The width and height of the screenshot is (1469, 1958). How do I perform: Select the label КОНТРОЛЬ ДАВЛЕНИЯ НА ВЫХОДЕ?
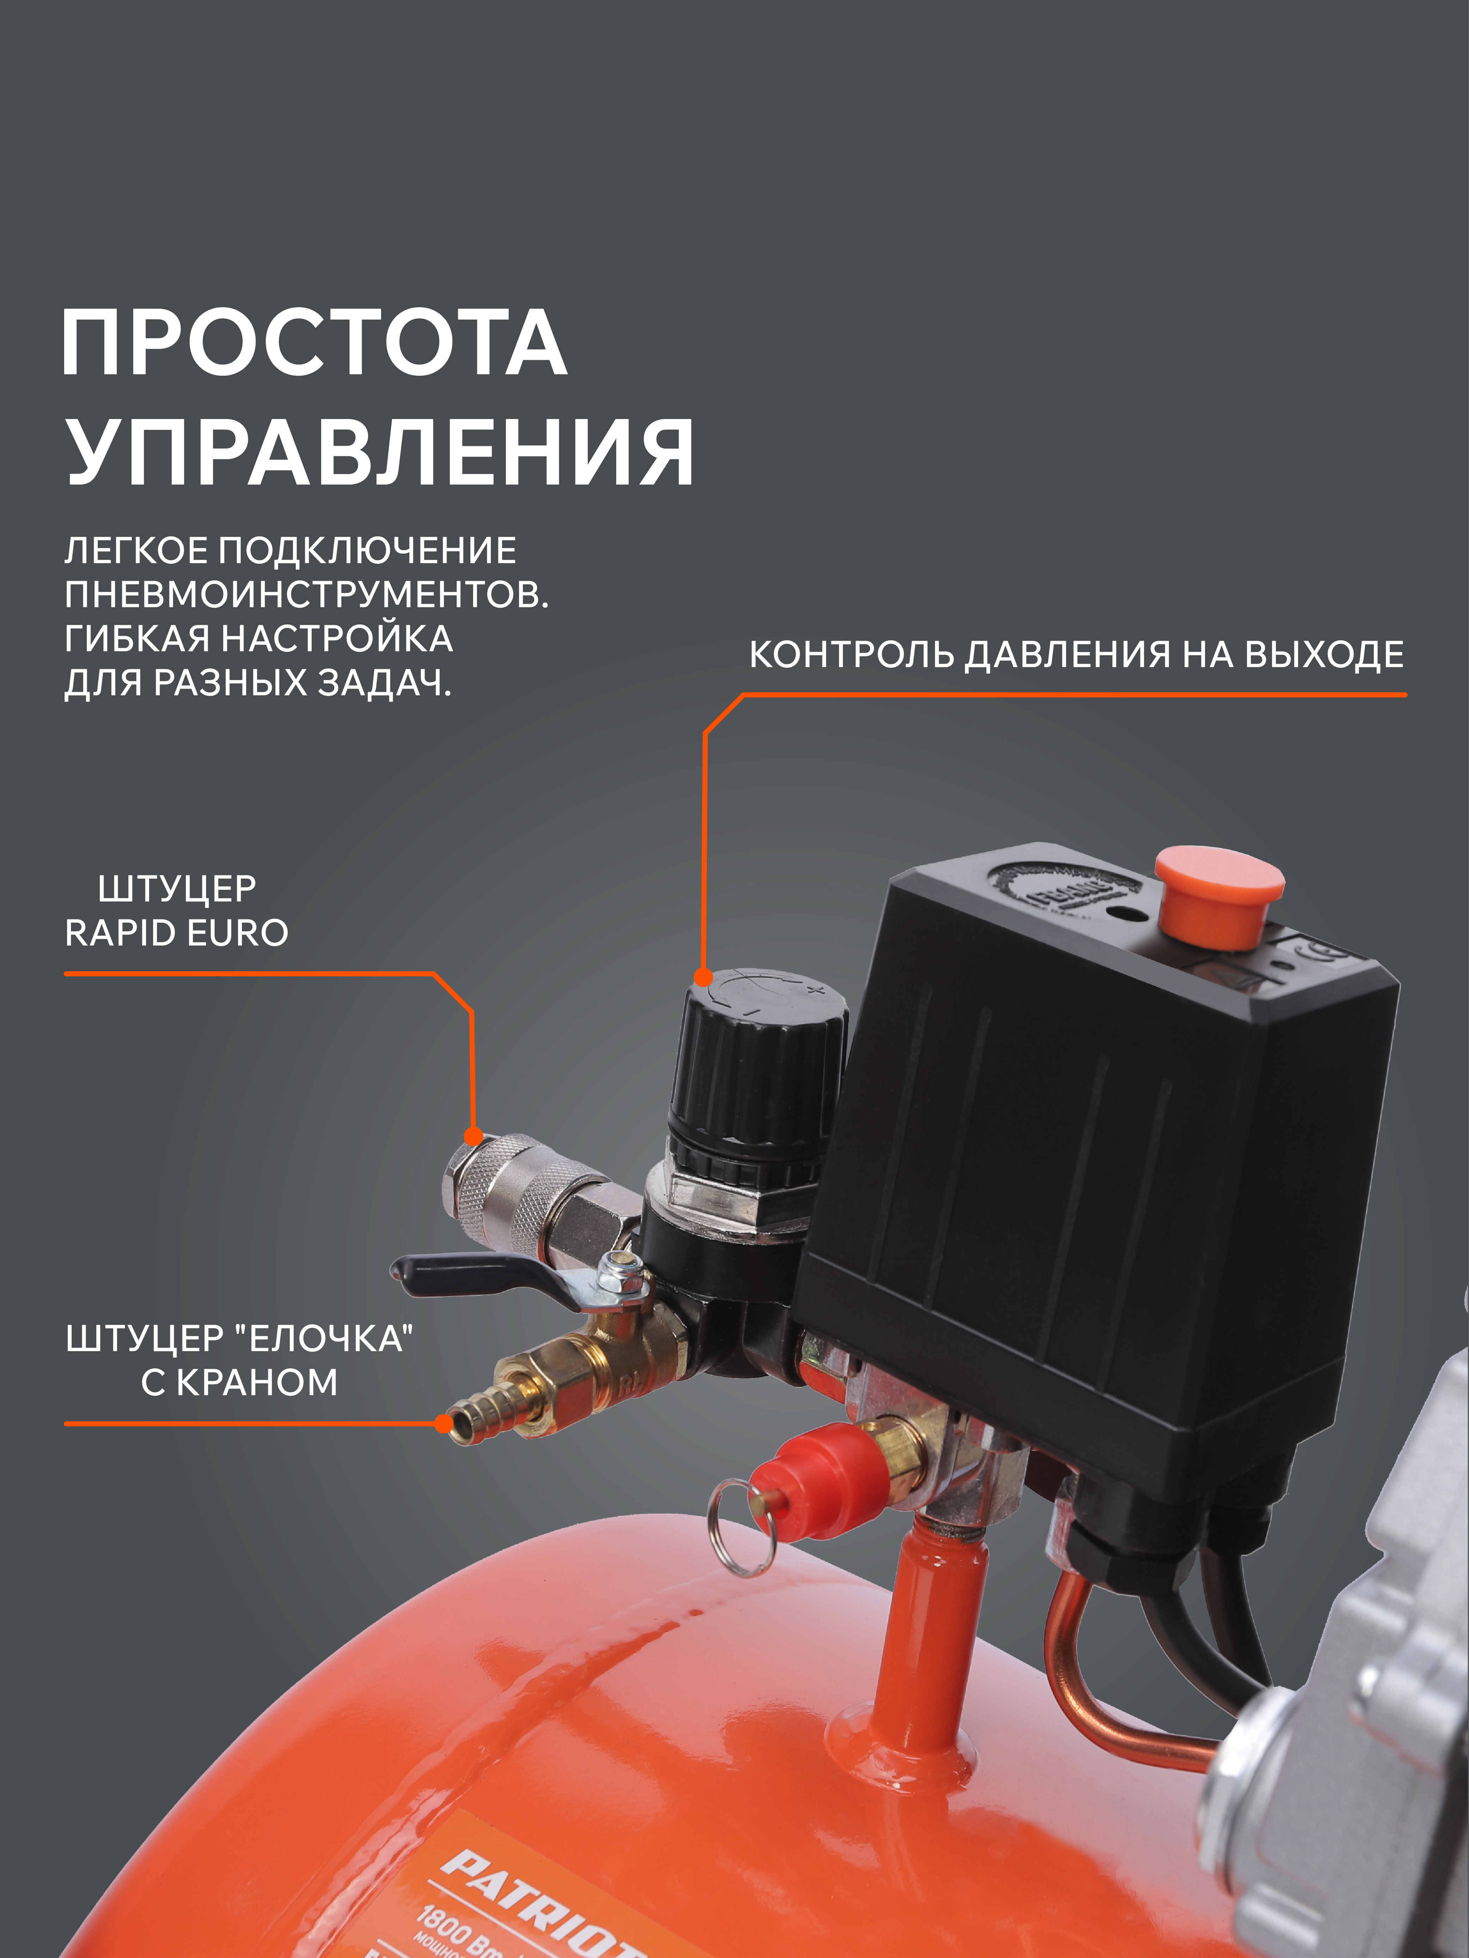1076,655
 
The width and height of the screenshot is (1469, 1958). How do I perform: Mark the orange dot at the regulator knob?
703,977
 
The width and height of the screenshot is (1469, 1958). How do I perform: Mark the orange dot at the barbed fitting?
443,1423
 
